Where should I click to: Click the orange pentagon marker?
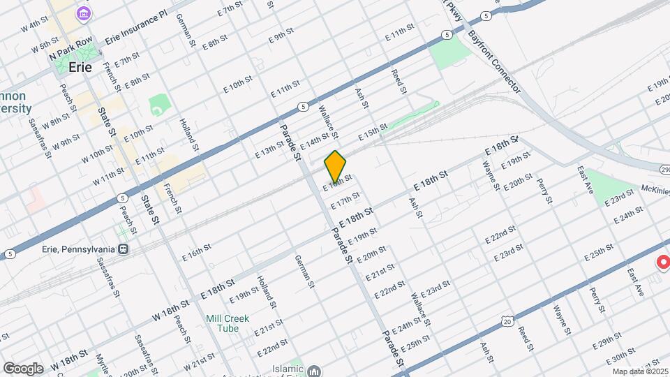click(x=335, y=166)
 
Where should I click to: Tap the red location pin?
click(x=662, y=263)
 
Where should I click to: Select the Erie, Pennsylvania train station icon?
click(x=123, y=249)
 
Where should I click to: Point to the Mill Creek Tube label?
click(x=228, y=324)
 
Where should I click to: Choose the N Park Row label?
click(x=70, y=53)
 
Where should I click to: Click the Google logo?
click(x=22, y=368)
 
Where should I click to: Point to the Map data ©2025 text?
click(x=640, y=371)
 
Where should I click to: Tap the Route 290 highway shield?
click(x=664, y=169)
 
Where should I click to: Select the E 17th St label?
click(x=345, y=201)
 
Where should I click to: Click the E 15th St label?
click(x=372, y=131)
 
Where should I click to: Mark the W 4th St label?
click(x=34, y=26)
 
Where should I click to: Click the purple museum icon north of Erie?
click(x=84, y=13)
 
